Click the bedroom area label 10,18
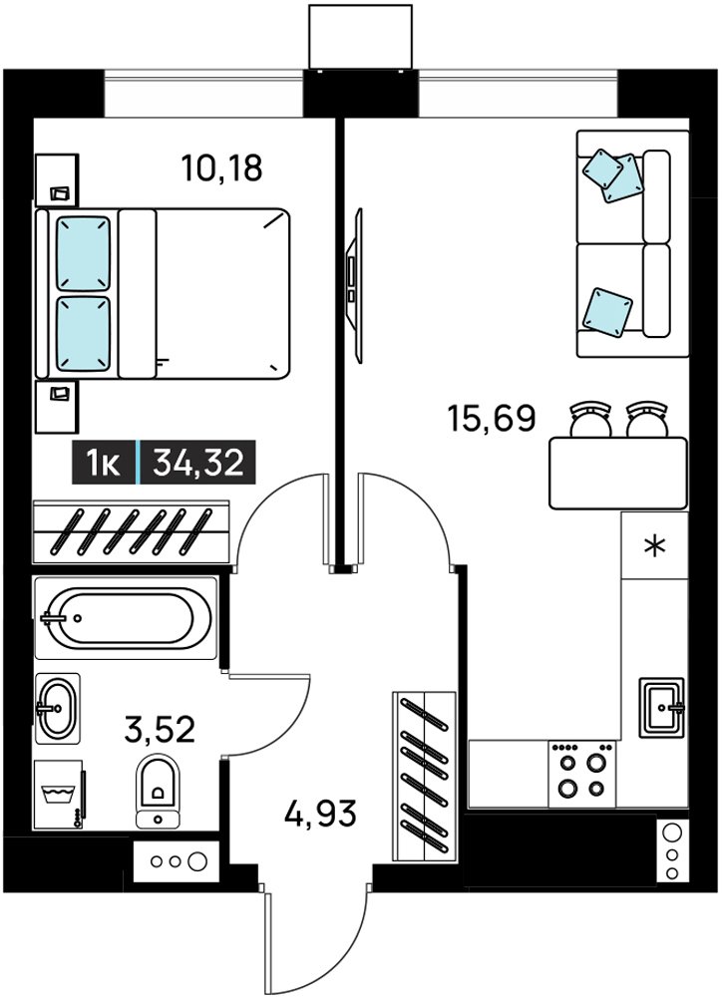tap(221, 168)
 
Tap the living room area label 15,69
tap(492, 418)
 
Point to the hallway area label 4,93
tap(320, 814)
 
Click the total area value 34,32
tap(198, 463)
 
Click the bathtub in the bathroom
tap(126, 617)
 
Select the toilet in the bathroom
tap(158, 791)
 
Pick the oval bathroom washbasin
tap(57, 708)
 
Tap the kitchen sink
tap(662, 707)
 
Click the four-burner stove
tap(582, 774)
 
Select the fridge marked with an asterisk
tap(654, 545)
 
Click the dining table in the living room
tap(618, 473)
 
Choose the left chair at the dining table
tap(589, 420)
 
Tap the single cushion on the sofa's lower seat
tap(607, 310)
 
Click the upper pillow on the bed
tap(84, 253)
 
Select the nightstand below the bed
tap(56, 407)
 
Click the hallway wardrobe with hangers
tap(424, 777)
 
